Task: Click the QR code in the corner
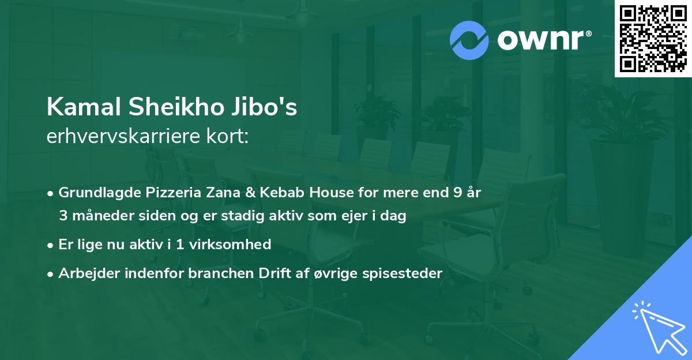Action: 653,39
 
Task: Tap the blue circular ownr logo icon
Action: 470,40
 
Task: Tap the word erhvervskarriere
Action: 120,136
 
